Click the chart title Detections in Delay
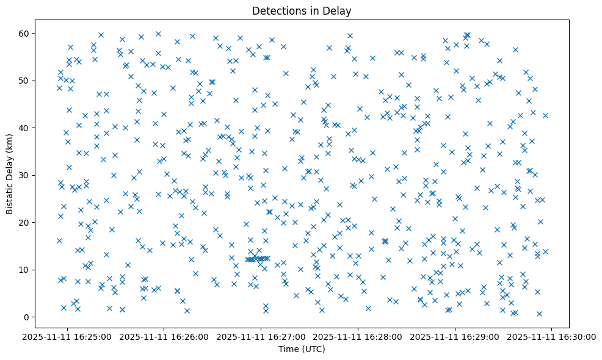pos(302,11)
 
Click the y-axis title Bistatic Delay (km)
pos(9,175)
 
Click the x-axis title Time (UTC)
pos(302,349)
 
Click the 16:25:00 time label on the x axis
pos(67,336)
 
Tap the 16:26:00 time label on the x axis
pos(164,336)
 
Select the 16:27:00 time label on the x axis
pos(261,336)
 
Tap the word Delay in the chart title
pos(339,11)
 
